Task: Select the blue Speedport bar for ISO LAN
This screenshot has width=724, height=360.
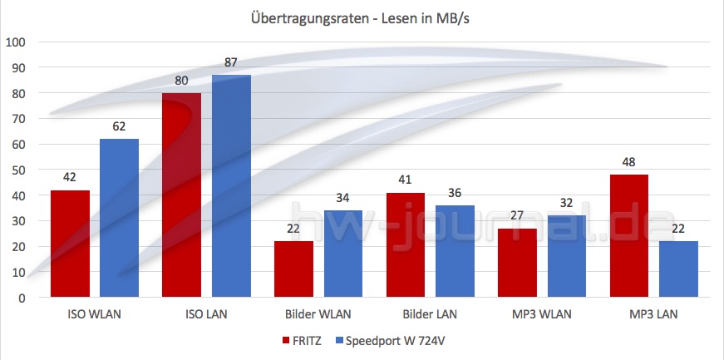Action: point(231,186)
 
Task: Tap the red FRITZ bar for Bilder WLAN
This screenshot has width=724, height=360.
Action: point(294,269)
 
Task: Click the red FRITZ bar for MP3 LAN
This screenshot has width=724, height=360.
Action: point(629,236)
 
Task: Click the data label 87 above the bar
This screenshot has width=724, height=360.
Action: point(231,63)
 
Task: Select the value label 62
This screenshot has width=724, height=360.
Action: point(119,127)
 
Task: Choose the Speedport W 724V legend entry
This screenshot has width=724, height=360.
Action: point(394,341)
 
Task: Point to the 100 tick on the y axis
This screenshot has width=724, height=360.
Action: point(17,42)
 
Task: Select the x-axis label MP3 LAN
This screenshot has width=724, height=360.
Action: point(654,315)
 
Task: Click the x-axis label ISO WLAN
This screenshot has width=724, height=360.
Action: point(96,315)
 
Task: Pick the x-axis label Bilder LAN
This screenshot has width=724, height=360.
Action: point(431,315)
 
